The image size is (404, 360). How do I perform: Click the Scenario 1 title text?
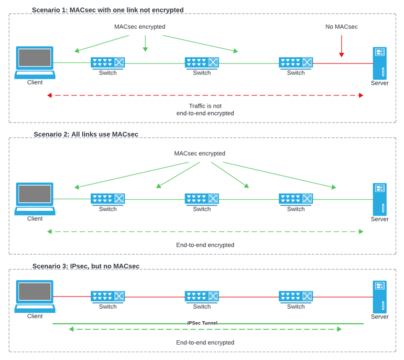click(107, 10)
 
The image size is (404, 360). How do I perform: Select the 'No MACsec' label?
click(341, 27)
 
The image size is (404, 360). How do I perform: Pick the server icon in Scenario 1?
click(379, 62)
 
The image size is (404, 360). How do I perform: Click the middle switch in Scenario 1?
click(202, 63)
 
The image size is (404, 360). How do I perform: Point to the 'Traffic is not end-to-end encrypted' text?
click(205, 110)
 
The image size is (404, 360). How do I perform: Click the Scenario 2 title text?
click(86, 134)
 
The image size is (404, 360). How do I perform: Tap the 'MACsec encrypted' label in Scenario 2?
click(200, 154)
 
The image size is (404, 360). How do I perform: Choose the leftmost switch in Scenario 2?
click(108, 199)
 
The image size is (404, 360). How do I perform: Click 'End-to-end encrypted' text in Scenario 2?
click(205, 245)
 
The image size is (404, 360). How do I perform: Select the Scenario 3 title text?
click(86, 266)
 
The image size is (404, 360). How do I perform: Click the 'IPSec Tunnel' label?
click(202, 323)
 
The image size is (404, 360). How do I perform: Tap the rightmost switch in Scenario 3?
click(296, 297)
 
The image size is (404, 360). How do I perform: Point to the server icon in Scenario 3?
click(379, 296)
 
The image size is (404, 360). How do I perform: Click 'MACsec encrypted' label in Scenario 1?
click(140, 27)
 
